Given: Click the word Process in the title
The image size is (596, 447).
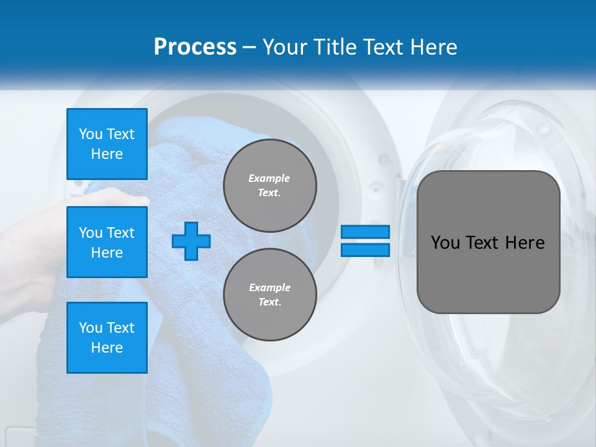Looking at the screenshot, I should [195, 47].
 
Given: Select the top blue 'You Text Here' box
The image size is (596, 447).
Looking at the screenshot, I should [107, 144].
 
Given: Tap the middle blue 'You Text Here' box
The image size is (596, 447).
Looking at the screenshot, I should [107, 242].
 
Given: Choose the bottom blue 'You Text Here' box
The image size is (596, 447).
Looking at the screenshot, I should [107, 338].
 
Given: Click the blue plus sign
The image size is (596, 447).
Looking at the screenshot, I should [191, 241].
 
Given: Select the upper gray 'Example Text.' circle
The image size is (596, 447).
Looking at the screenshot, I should [269, 186].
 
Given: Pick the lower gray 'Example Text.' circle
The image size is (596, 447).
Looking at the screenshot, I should [269, 295].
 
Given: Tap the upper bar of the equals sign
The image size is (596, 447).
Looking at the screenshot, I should [366, 232].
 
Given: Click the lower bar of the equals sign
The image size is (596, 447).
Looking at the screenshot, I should [366, 250].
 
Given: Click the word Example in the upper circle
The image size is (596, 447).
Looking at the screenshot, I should [269, 178].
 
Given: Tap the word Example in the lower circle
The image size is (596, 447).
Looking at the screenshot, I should [269, 287].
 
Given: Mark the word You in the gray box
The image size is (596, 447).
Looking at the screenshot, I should [446, 243].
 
